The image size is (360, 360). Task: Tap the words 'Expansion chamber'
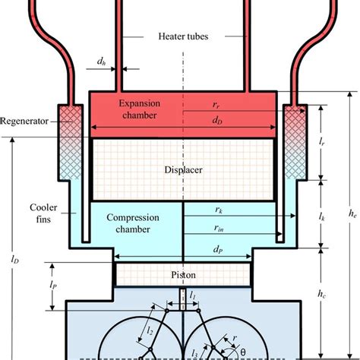(x=138, y=108)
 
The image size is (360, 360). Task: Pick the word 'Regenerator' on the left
(x=24, y=120)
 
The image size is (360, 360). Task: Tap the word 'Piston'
(x=182, y=271)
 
